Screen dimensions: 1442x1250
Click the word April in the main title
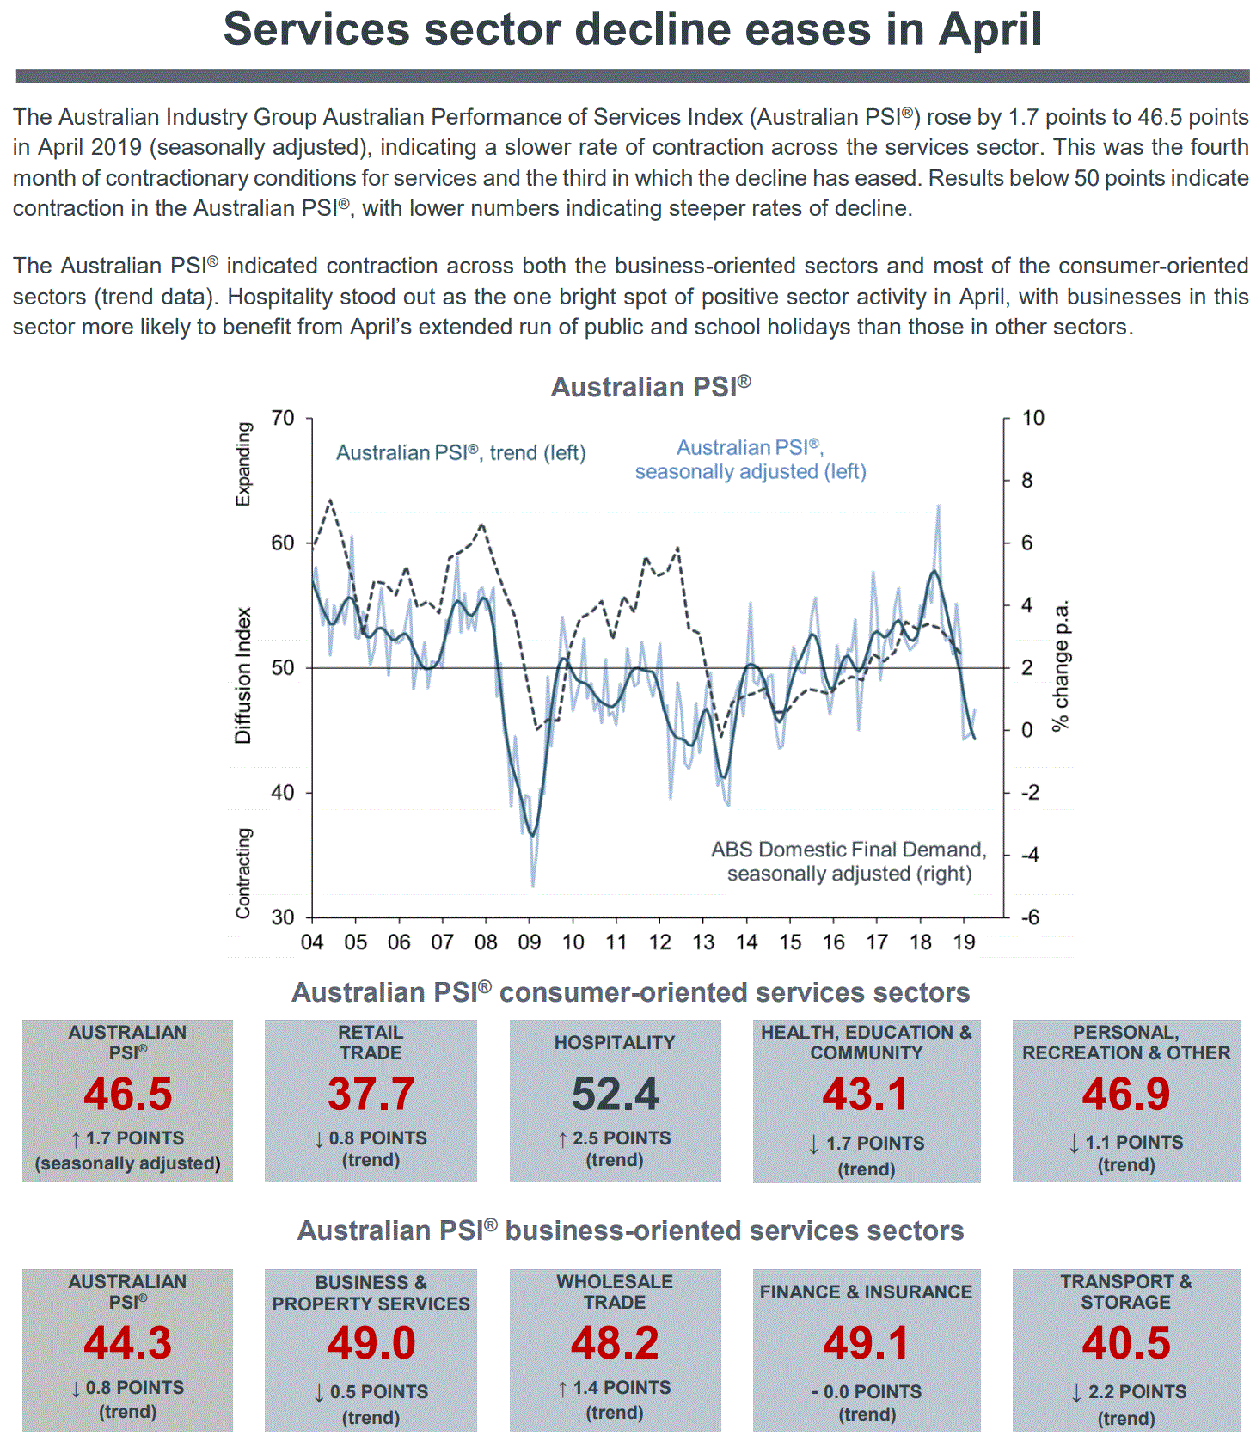[x=990, y=29]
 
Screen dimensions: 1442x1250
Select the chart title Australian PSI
[x=651, y=387]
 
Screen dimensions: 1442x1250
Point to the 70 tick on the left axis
[x=283, y=419]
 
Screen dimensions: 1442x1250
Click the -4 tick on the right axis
[x=1029, y=855]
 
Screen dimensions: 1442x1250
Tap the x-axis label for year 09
[x=529, y=942]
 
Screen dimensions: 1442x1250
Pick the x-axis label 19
[x=964, y=942]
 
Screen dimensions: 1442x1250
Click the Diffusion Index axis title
[x=243, y=676]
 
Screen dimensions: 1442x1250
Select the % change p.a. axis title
[x=1062, y=666]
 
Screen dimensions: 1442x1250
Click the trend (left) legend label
[x=461, y=453]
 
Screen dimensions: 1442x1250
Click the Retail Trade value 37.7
[x=371, y=1095]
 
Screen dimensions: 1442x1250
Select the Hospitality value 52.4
[x=615, y=1095]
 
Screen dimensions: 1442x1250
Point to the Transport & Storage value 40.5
[x=1125, y=1343]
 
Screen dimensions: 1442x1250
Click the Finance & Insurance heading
[x=866, y=1292]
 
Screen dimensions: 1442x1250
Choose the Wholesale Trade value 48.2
[x=615, y=1343]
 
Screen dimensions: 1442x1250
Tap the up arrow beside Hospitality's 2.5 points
[x=562, y=1139]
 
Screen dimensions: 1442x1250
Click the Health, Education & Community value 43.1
[x=866, y=1095]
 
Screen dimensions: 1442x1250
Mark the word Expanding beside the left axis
[x=243, y=464]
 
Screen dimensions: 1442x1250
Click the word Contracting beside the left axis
[x=243, y=873]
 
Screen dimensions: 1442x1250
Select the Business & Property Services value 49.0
[x=371, y=1343]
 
